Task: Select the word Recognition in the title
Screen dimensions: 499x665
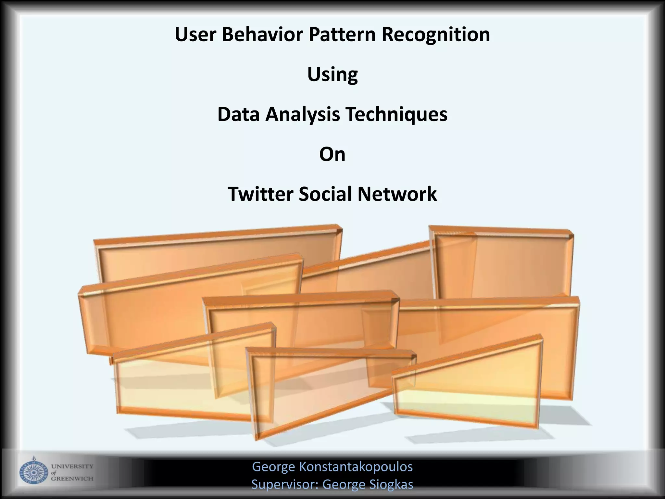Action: tap(436, 35)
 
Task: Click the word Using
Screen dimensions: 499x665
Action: tap(332, 75)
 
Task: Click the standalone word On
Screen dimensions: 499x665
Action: tap(332, 154)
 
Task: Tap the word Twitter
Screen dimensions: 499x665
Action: tap(260, 194)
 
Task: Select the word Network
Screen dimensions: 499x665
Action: tap(397, 194)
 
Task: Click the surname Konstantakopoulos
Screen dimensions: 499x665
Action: tap(356, 467)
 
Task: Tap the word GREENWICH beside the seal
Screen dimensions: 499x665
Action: tap(72, 479)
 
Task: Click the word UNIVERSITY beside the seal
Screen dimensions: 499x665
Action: tap(72, 467)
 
